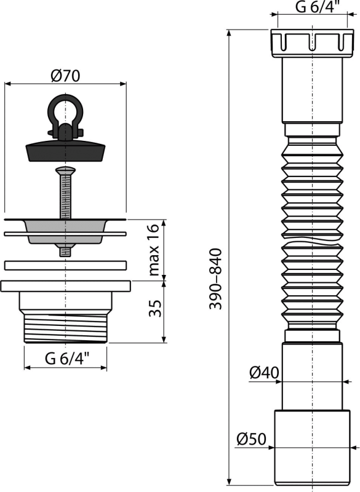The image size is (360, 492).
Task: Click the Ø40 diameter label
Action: (265, 373)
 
